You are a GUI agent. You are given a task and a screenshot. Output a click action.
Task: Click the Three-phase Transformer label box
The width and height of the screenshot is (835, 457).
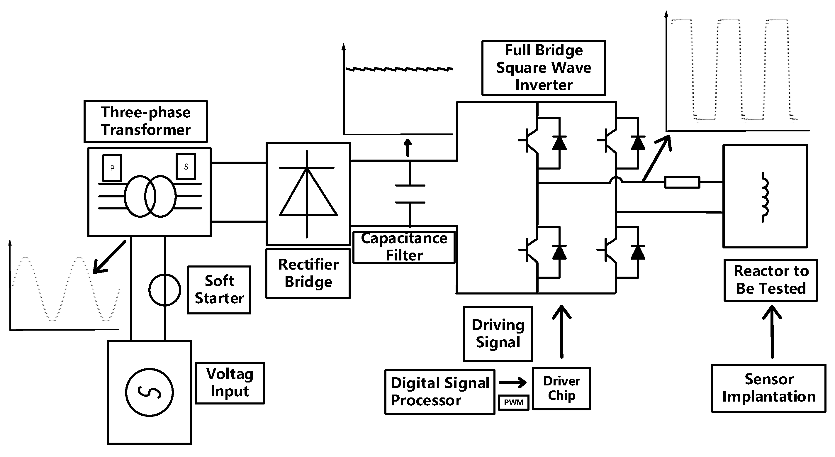click(x=145, y=121)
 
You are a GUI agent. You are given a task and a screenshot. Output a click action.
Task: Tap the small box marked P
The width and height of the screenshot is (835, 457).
click(x=112, y=168)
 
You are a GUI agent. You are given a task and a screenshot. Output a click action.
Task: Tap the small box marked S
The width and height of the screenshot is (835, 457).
click(x=186, y=166)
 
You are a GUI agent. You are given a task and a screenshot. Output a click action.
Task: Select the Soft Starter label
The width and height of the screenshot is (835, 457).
click(x=219, y=290)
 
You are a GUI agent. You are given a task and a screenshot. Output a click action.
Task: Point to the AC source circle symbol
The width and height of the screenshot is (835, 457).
click(x=150, y=392)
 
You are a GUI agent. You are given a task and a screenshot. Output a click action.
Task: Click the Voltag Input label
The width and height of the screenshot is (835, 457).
click(x=230, y=383)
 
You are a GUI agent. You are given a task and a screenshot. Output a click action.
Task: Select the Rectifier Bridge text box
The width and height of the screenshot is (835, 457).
click(x=308, y=273)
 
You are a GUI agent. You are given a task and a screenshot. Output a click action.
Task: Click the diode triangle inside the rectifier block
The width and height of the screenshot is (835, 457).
click(x=308, y=194)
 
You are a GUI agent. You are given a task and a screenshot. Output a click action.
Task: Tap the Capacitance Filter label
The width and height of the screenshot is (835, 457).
click(x=404, y=247)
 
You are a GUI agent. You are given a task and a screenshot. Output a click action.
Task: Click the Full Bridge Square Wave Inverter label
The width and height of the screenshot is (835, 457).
click(x=544, y=68)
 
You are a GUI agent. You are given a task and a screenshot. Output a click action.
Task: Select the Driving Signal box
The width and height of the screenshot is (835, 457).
click(x=498, y=334)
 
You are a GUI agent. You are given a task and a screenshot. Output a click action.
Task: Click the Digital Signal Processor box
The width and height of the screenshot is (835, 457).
click(x=439, y=392)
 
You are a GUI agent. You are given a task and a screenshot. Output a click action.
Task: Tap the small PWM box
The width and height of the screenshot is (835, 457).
click(x=513, y=402)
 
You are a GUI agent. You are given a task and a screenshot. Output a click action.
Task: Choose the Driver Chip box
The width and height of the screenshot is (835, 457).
click(x=561, y=389)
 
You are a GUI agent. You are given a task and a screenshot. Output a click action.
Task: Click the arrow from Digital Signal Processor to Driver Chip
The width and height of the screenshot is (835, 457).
click(x=513, y=383)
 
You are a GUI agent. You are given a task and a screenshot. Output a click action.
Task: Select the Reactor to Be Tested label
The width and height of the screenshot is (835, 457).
click(x=771, y=280)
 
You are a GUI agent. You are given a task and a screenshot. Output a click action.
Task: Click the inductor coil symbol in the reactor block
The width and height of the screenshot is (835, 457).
click(x=764, y=198)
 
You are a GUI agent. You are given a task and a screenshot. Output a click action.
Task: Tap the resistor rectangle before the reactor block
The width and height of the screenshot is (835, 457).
click(x=682, y=182)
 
